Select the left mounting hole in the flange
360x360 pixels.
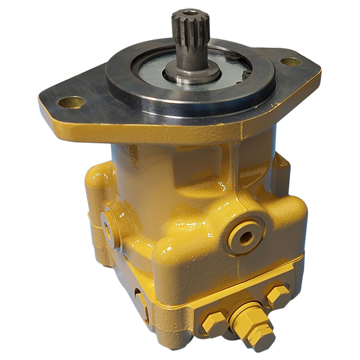click(x=71, y=102)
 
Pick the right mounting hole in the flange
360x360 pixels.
click(x=291, y=61)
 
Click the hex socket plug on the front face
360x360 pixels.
click(x=244, y=235)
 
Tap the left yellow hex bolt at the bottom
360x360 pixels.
click(x=214, y=324)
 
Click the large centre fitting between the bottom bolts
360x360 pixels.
click(x=246, y=318)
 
